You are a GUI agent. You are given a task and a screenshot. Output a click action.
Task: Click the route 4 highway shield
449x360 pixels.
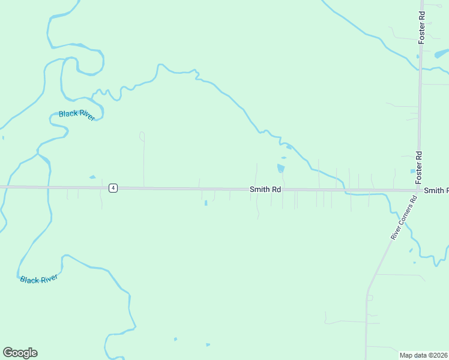tap(113, 188)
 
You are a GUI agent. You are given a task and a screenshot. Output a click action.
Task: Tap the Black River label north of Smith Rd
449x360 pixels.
tap(77, 115)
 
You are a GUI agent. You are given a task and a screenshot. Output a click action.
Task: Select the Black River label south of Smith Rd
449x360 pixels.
tap(38, 280)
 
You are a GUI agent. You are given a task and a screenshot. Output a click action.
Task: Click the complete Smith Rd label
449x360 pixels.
tap(265, 190)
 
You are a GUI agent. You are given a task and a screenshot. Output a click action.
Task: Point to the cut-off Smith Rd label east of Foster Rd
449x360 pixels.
tap(436, 191)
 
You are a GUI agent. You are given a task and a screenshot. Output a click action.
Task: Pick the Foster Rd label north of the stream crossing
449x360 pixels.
tap(422, 26)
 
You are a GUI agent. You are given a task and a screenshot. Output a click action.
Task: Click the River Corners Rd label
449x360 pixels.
tap(403, 218)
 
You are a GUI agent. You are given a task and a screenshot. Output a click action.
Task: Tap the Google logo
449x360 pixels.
tap(20, 352)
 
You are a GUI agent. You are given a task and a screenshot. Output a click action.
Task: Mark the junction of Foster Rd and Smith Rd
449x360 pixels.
tap(419, 191)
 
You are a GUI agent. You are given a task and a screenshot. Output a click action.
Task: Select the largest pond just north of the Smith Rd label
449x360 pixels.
tap(280, 167)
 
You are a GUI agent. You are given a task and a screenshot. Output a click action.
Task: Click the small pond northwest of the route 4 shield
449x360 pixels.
tap(92, 177)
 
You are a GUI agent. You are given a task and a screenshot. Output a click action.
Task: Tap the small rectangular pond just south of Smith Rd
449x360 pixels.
tap(206, 203)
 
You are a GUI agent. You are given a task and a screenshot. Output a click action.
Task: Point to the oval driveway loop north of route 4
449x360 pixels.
tap(142, 136)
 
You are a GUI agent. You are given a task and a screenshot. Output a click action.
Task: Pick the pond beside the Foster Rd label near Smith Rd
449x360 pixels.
tap(413, 172)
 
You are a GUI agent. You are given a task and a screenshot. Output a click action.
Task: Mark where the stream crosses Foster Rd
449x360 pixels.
tap(420, 68)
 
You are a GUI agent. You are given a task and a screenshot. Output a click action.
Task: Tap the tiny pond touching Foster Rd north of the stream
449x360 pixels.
tap(418, 56)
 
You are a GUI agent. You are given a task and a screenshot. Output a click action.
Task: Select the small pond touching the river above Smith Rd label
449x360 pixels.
tap(289, 147)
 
